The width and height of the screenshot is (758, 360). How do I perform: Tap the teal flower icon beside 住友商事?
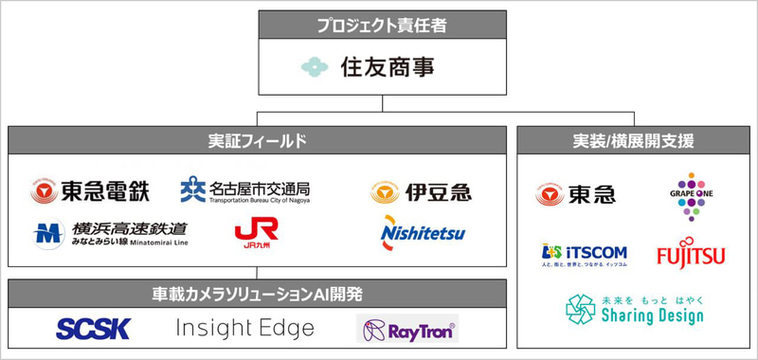315,67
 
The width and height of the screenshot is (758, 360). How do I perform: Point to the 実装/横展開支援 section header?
634,141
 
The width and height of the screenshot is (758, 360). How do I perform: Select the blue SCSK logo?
93,329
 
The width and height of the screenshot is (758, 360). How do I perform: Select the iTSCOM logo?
578,255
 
